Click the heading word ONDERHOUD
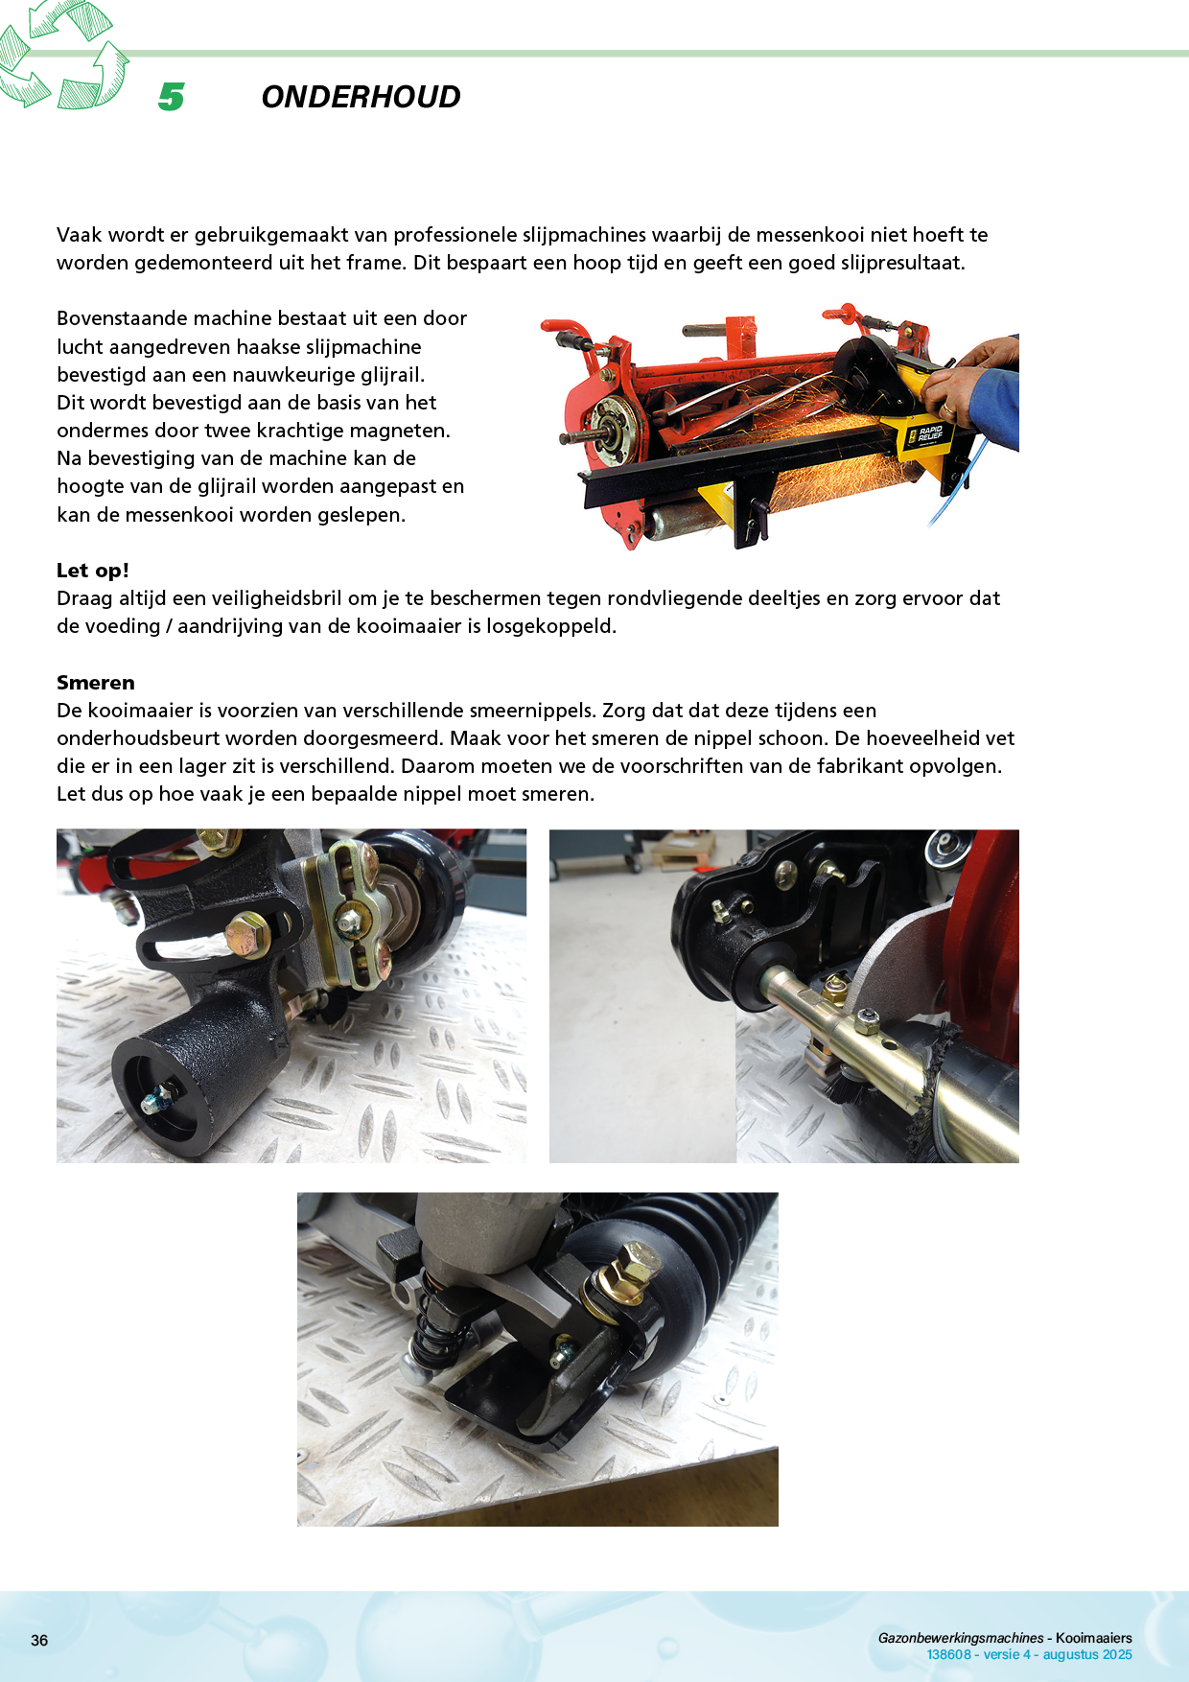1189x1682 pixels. pyautogui.click(x=361, y=97)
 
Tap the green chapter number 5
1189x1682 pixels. pyautogui.click(x=171, y=97)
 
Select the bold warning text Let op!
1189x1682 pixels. pyautogui.click(x=93, y=571)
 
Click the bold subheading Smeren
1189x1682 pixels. pyautogui.click(x=96, y=683)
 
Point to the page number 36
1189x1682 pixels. pyautogui.click(x=39, y=1640)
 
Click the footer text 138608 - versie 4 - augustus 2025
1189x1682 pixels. pyautogui.click(x=1029, y=1654)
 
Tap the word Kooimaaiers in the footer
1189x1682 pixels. pyautogui.click(x=1094, y=1638)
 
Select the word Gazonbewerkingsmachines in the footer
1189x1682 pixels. pyautogui.click(x=961, y=1638)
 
